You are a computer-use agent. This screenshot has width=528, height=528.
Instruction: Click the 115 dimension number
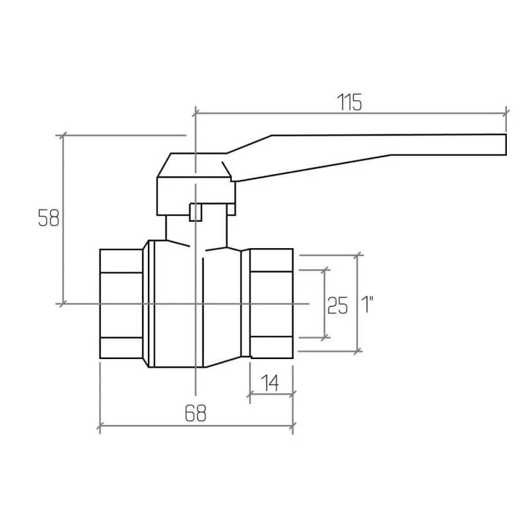349,102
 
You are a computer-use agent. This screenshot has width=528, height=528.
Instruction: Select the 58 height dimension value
49,218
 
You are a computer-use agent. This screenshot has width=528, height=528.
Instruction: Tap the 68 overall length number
195,413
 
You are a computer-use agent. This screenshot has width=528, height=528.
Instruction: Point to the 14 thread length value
270,383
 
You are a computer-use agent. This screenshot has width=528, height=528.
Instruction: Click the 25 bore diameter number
337,306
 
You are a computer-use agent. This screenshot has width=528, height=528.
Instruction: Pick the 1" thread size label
367,304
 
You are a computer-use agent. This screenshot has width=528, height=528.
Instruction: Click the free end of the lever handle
506,145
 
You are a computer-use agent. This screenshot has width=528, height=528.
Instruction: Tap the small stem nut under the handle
195,212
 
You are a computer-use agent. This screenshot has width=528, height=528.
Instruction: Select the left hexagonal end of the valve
121,304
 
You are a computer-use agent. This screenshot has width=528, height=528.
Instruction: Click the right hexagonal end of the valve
272,303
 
